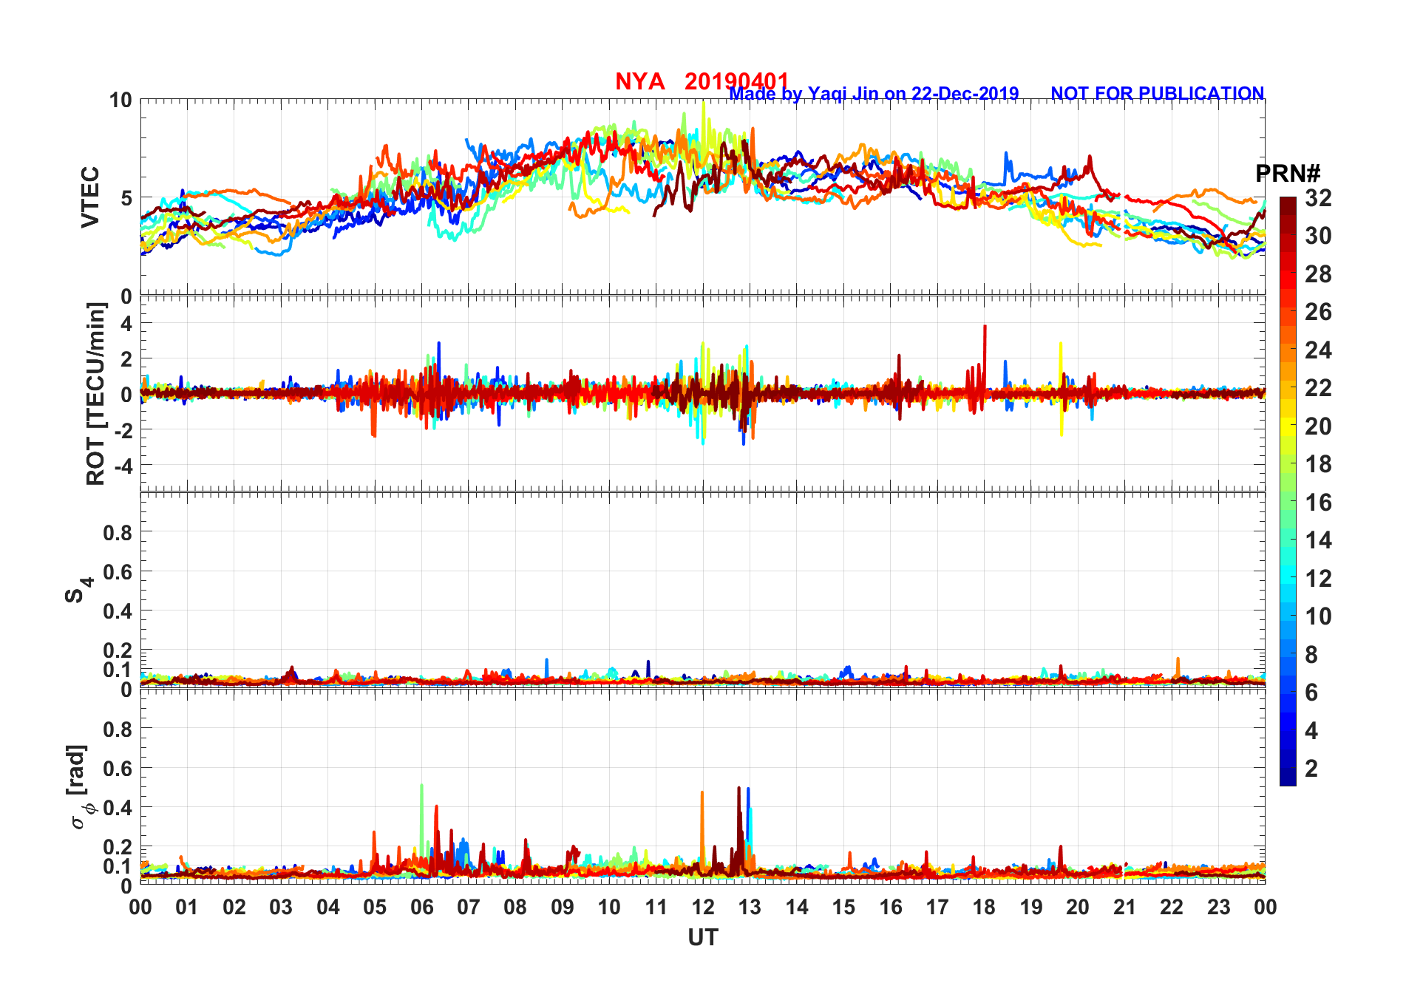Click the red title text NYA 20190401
[x=702, y=81]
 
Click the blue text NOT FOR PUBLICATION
[x=1157, y=94]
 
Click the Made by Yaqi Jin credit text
[x=874, y=94]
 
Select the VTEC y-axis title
[x=90, y=197]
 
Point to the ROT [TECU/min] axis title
[x=96, y=393]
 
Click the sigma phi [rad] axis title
[x=78, y=787]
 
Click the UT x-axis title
[x=702, y=937]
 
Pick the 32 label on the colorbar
[x=1318, y=198]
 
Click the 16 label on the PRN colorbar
[x=1318, y=503]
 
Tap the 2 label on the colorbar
[x=1311, y=769]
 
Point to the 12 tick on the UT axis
[x=703, y=907]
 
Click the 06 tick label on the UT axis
[x=421, y=907]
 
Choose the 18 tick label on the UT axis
[x=984, y=907]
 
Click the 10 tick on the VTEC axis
[x=120, y=101]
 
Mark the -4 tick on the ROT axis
[x=125, y=466]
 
